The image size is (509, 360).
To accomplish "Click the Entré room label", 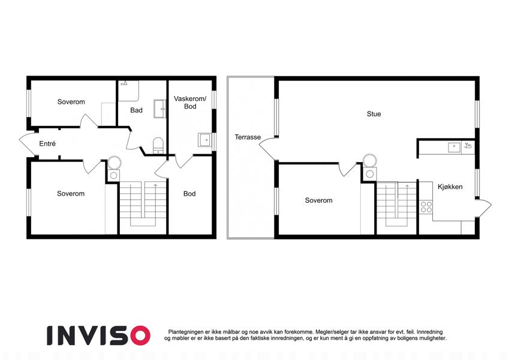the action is click(x=47, y=143).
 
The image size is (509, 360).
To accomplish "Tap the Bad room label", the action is click(x=136, y=110).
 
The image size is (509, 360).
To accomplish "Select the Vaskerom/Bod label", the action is click(x=190, y=103).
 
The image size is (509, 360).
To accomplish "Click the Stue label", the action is click(x=374, y=114).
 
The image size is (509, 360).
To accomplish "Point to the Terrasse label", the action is click(x=248, y=137).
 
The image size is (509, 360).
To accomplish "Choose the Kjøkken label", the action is click(x=450, y=187).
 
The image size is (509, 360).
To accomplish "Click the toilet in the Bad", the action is click(x=158, y=145).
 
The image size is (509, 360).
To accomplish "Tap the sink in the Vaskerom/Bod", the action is click(x=204, y=140).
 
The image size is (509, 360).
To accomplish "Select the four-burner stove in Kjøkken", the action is click(x=426, y=206).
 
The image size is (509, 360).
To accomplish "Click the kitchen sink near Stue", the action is click(x=454, y=147).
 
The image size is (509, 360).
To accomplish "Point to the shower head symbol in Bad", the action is click(x=124, y=83).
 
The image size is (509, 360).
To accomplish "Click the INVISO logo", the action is click(x=99, y=335).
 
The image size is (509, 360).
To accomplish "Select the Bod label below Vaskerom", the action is click(x=189, y=194).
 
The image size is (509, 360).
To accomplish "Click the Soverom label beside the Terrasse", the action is click(x=318, y=200).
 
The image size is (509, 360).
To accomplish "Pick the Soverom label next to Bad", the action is click(x=71, y=101).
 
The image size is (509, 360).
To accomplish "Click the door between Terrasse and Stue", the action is click(x=268, y=149).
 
